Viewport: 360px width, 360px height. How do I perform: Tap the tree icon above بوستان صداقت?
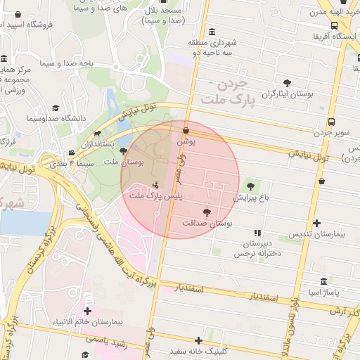tap(207, 212)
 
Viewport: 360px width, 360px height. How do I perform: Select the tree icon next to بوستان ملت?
tap(123, 151)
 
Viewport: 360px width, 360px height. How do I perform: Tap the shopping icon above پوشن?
tap(185, 130)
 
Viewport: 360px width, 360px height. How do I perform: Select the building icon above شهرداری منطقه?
tap(212, 31)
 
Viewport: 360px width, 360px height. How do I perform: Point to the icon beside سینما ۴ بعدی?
tap(72, 153)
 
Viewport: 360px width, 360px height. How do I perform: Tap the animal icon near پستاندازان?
tap(96, 133)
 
